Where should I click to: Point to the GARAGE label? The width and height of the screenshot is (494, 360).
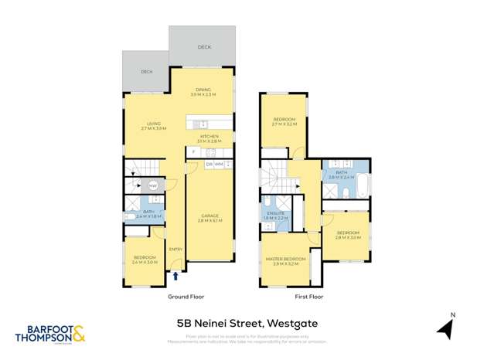pyautogui.click(x=210, y=216)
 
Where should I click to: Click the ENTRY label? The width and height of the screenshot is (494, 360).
pyautogui.click(x=175, y=248)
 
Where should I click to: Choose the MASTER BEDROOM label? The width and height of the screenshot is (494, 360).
pyautogui.click(x=285, y=259)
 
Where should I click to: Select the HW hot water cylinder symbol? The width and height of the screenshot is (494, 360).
pyautogui.click(x=152, y=185)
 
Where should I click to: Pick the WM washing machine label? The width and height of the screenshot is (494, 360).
pyautogui.click(x=219, y=165)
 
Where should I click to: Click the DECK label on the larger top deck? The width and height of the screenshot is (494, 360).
pyautogui.click(x=203, y=47)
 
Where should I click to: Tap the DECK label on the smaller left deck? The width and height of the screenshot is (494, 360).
pyautogui.click(x=145, y=72)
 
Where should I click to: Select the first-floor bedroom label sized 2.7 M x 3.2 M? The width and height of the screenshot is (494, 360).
pyautogui.click(x=284, y=119)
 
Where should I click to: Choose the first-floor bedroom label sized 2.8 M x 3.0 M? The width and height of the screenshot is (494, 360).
pyautogui.click(x=347, y=233)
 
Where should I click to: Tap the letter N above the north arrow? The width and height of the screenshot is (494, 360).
pyautogui.click(x=453, y=314)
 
